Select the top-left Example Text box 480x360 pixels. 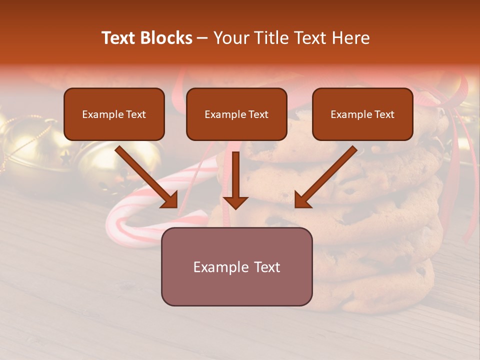[114, 114]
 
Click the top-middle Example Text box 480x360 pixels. [236, 114]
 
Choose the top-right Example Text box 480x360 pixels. [362, 114]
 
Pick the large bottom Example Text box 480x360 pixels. [236, 266]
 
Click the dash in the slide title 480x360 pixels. [202, 38]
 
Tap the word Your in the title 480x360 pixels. [229, 38]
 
